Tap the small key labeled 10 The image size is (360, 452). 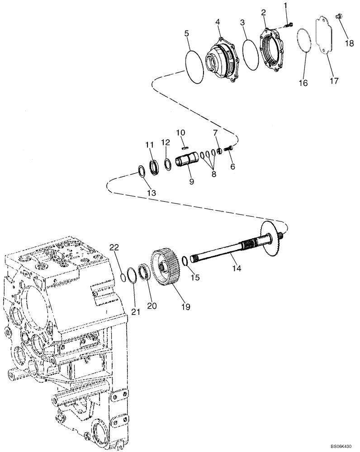[184, 146]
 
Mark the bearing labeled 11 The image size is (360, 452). [153, 166]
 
